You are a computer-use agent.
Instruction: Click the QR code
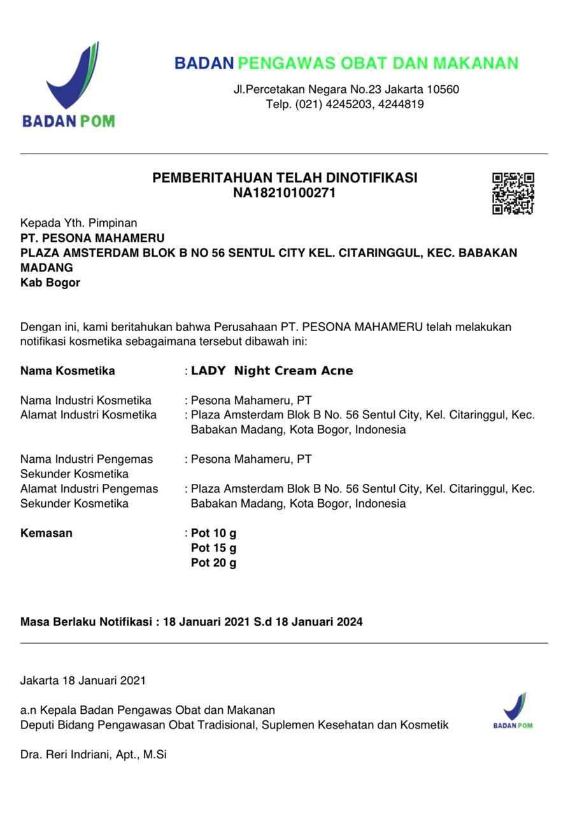click(x=513, y=194)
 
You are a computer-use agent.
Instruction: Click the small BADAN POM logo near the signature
click(x=513, y=710)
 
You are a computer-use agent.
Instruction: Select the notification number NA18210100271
click(x=284, y=193)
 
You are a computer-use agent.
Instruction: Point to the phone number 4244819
click(x=401, y=104)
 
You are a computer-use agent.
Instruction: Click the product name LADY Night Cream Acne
click(x=272, y=371)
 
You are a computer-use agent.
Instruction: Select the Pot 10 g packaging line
click(x=213, y=533)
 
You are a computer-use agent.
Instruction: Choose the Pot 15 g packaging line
click(x=213, y=548)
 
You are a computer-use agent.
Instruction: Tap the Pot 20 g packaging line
click(x=213, y=563)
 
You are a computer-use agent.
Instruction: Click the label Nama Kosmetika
click(x=67, y=371)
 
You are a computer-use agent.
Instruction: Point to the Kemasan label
click(x=46, y=533)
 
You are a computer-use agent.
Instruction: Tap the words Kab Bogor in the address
click(x=50, y=283)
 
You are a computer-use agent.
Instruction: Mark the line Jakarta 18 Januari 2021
click(x=83, y=680)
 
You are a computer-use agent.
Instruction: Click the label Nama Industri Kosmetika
click(x=86, y=400)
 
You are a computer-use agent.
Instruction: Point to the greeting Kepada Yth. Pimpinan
click(x=79, y=223)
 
